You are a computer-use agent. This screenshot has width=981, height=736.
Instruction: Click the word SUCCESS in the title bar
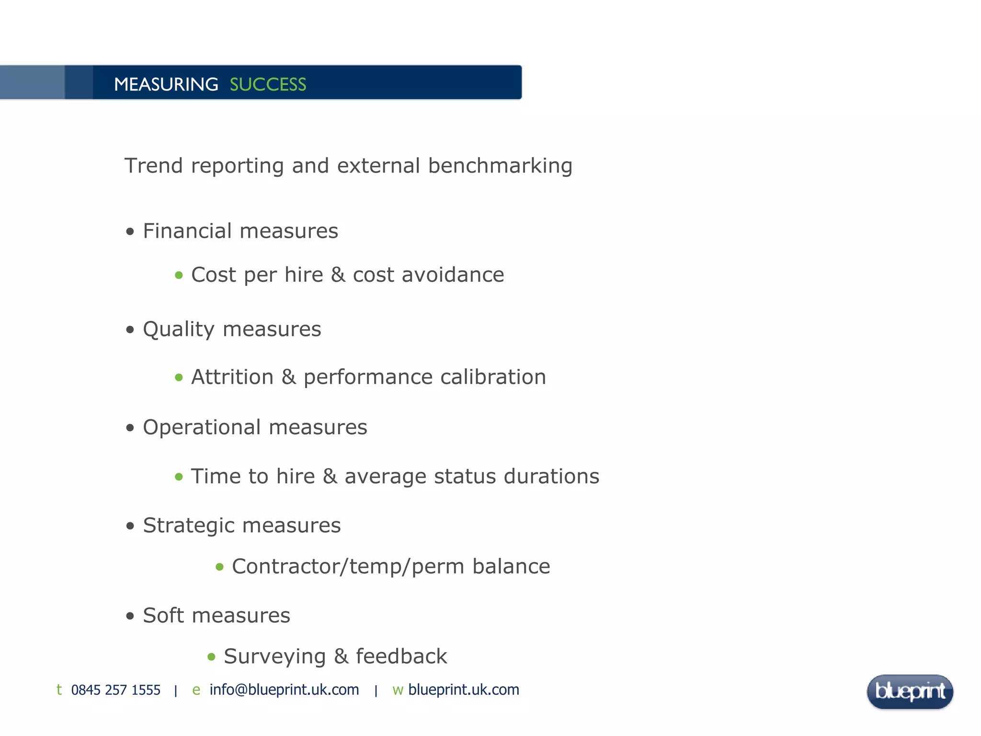pyautogui.click(x=268, y=84)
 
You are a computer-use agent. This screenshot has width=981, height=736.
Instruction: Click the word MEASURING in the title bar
pyautogui.click(x=166, y=84)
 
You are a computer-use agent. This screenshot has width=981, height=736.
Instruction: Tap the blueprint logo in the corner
pyautogui.click(x=910, y=691)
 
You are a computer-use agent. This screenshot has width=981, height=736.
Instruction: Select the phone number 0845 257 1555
pyautogui.click(x=115, y=690)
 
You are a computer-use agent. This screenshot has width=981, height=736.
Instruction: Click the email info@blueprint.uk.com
pyautogui.click(x=284, y=690)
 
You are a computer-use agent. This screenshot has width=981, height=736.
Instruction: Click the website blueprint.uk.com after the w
pyautogui.click(x=463, y=690)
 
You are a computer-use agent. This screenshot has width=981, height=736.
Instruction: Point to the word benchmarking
pyautogui.click(x=500, y=166)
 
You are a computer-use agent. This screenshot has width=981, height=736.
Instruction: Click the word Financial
pyautogui.click(x=187, y=231)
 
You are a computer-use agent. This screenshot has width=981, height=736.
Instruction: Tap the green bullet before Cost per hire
pyautogui.click(x=179, y=275)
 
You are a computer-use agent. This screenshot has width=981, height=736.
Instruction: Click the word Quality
pyautogui.click(x=179, y=330)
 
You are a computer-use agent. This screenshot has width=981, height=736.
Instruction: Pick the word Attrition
pyautogui.click(x=232, y=377)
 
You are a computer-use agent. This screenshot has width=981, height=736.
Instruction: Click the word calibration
pyautogui.click(x=493, y=377)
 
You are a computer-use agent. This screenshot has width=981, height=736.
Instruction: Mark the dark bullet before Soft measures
pyautogui.click(x=130, y=616)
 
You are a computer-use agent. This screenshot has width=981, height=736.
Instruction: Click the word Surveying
pyautogui.click(x=274, y=657)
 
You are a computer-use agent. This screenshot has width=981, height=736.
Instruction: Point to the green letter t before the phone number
pyautogui.click(x=59, y=690)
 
